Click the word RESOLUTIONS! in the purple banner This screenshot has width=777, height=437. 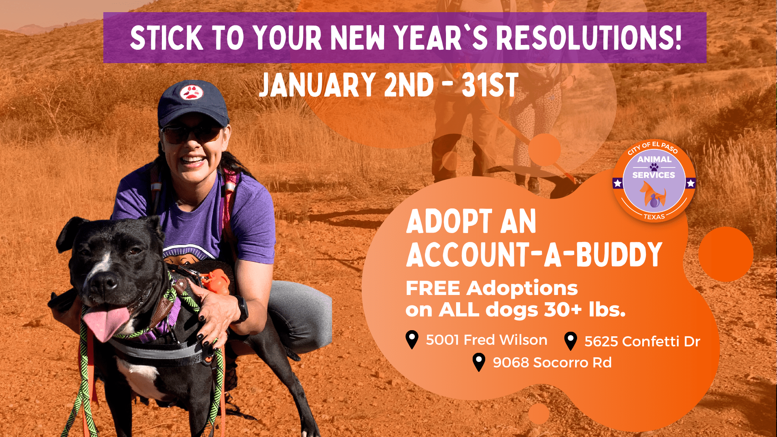pyautogui.click(x=589, y=38)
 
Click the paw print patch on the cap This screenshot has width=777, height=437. pyautogui.click(x=191, y=92)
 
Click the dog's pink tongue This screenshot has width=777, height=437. pyautogui.click(x=106, y=321)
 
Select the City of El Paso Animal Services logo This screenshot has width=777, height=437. pyautogui.click(x=654, y=181)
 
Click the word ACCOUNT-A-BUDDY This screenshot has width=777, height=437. pyautogui.click(x=534, y=255)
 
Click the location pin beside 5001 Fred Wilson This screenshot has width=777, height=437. pyautogui.click(x=412, y=339)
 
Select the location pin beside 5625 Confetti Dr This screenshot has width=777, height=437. pyautogui.click(x=571, y=341)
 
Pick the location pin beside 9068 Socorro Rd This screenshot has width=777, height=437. pyautogui.click(x=479, y=362)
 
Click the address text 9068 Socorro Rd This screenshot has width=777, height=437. pyautogui.click(x=552, y=363)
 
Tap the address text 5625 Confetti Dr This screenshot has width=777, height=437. pyautogui.click(x=642, y=342)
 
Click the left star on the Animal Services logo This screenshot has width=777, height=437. pyautogui.click(x=618, y=183)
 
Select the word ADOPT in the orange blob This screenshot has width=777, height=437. pyautogui.click(x=449, y=221)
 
